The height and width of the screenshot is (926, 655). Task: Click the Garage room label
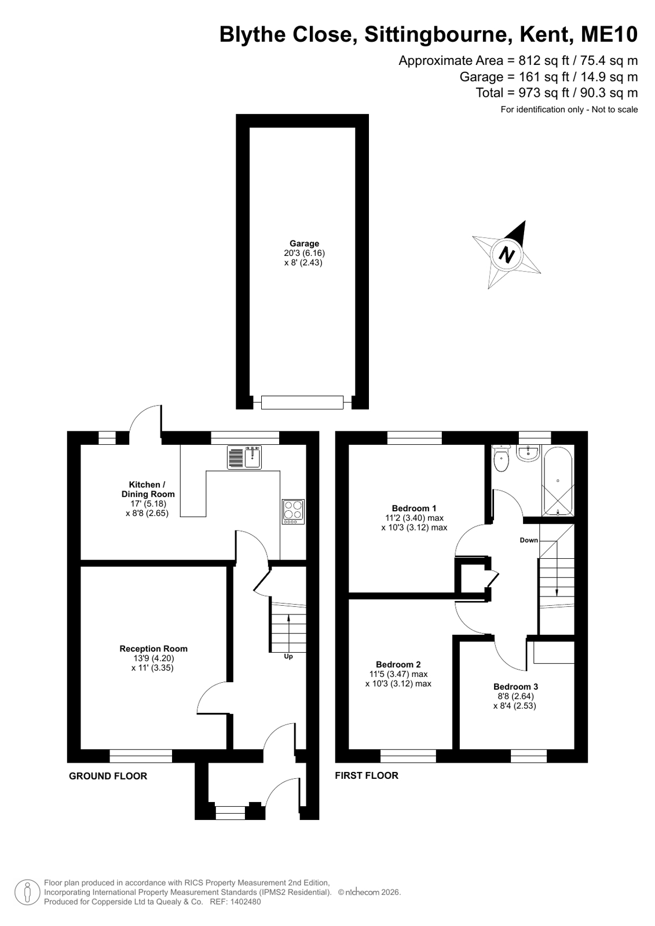coord(304,243)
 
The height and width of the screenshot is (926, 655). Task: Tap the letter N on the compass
coord(507,255)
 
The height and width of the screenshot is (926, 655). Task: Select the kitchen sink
coord(244,457)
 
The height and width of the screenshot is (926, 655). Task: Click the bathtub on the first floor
coord(558,481)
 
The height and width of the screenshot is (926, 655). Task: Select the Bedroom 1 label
coord(414,508)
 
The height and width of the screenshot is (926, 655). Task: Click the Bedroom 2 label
coord(398,664)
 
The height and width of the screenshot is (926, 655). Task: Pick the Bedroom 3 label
coord(515,687)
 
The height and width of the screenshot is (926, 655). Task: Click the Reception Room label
coord(153,649)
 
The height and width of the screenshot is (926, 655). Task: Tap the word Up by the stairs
coord(288,656)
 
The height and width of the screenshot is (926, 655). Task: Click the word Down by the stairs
coord(529,540)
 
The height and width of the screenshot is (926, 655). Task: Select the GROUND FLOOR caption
coord(108,776)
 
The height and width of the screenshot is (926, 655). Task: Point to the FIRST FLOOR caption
coord(367,775)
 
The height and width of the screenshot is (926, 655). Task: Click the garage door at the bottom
coord(302,402)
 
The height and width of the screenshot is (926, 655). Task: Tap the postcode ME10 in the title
coord(609,34)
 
